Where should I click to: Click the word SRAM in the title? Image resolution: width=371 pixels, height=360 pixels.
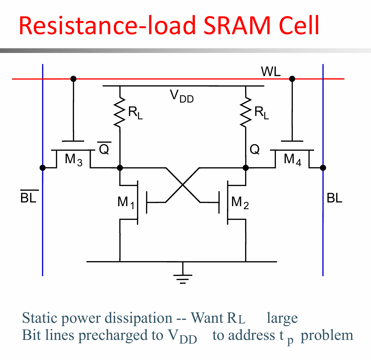[x=237, y=25]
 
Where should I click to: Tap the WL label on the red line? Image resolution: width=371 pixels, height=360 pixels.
[x=271, y=71]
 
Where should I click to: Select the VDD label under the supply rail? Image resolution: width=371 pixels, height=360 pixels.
[x=182, y=96]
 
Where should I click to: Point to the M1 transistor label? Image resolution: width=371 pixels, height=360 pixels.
[x=126, y=202]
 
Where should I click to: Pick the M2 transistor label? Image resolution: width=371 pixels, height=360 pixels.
[x=240, y=202]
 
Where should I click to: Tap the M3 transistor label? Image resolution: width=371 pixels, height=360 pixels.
[x=74, y=160]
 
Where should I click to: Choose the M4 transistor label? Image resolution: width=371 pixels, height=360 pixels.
[x=293, y=160]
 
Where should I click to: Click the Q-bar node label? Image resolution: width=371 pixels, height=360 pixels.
[x=104, y=148]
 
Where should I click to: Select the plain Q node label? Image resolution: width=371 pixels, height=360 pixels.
[x=254, y=149]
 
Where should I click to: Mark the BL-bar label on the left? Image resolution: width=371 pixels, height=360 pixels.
[x=29, y=196]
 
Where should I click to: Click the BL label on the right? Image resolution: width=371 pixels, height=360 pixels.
[x=334, y=198]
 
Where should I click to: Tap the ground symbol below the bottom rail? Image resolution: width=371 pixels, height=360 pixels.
[x=183, y=276]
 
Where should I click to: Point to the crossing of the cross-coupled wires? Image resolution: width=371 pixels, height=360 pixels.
[x=183, y=185]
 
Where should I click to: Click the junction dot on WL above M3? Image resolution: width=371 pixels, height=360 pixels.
[x=73, y=79]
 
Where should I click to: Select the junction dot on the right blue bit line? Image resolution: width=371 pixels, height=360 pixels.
[x=323, y=168]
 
